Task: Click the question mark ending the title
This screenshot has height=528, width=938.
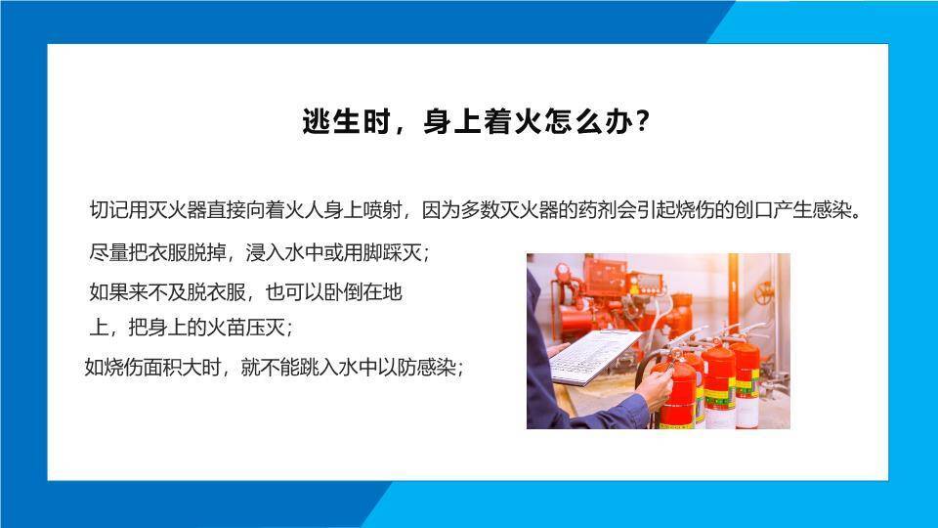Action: coord(642,123)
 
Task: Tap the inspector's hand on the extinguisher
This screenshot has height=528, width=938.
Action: coord(657,386)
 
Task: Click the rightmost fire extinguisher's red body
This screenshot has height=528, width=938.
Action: coord(747,381)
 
